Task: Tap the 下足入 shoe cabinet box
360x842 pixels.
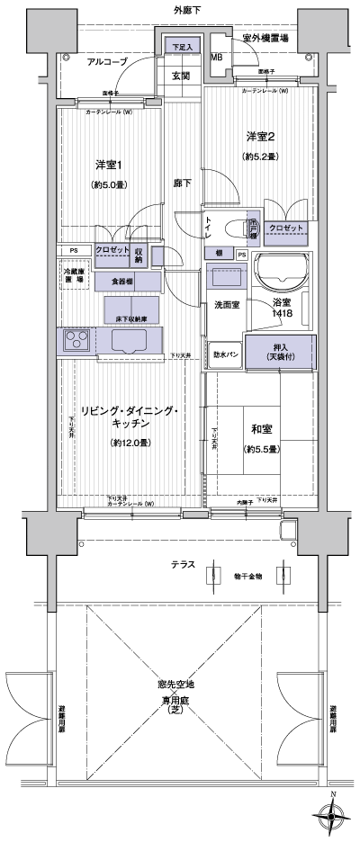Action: (x=183, y=48)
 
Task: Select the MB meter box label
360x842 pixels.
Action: (x=216, y=58)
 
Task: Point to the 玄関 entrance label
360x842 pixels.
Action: (x=182, y=76)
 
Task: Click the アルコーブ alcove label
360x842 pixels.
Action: (x=107, y=61)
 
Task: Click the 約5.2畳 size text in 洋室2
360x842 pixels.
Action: (x=260, y=157)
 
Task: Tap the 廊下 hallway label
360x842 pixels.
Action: (x=183, y=183)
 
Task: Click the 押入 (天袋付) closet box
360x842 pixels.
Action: (x=282, y=351)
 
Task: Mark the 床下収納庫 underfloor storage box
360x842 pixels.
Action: (x=125, y=318)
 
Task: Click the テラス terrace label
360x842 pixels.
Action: (x=184, y=564)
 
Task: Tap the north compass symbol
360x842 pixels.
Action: (x=333, y=816)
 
